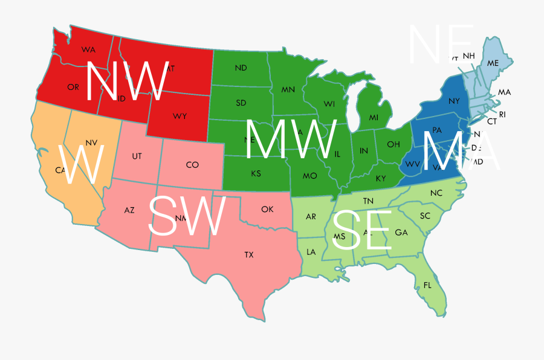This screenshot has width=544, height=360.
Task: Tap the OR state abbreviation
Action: click(73, 87)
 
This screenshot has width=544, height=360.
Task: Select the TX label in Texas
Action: click(249, 255)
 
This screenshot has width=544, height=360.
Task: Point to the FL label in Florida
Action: click(428, 285)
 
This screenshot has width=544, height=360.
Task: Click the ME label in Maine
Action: click(493, 63)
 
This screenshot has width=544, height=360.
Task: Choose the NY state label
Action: click(454, 101)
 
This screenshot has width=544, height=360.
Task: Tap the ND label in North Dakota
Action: click(241, 68)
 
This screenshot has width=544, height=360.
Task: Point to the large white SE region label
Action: click(361, 231)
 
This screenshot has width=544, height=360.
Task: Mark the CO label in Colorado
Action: click(192, 165)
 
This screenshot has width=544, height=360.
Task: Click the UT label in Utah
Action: click(137, 156)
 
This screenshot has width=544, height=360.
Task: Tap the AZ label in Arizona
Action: click(129, 210)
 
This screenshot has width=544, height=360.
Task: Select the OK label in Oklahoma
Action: click(267, 209)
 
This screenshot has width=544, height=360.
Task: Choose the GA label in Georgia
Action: click(401, 233)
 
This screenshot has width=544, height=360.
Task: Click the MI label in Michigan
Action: click(374, 117)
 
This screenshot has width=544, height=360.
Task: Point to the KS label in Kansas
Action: click(256, 174)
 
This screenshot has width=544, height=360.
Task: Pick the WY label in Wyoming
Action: click(180, 115)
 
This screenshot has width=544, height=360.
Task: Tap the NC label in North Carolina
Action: click(436, 193)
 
